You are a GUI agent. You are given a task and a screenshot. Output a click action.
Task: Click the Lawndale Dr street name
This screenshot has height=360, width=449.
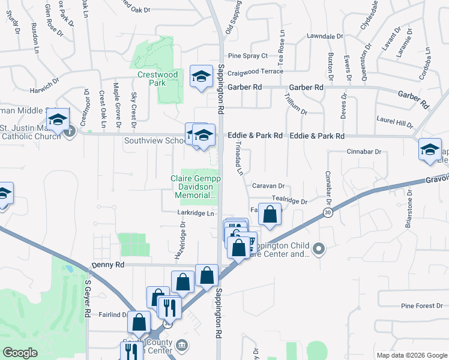coord(324,36)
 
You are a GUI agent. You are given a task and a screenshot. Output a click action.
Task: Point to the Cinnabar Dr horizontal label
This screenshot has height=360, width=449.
coord(364,152)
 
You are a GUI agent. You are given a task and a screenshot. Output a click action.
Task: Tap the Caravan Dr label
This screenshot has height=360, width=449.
coord(268,186)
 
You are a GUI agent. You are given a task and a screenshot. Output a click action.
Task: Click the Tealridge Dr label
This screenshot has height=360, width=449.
coord(289,202)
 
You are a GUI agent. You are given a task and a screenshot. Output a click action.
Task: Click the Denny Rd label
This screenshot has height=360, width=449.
coord(108,265)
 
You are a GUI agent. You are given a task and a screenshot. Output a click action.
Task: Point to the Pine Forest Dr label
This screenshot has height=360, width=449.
coord(422,306)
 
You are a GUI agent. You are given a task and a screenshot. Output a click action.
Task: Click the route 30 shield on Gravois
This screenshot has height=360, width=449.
coord(327,212)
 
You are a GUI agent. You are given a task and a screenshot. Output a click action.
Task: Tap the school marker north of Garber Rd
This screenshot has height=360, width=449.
coord(201,76)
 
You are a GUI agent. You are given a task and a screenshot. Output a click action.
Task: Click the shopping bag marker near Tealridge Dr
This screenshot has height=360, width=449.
coord(270,214)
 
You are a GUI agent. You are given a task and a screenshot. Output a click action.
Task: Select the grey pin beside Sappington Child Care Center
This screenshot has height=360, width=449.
coord(319,248)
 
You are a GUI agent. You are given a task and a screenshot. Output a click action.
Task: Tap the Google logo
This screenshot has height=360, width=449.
coord(20,353)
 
